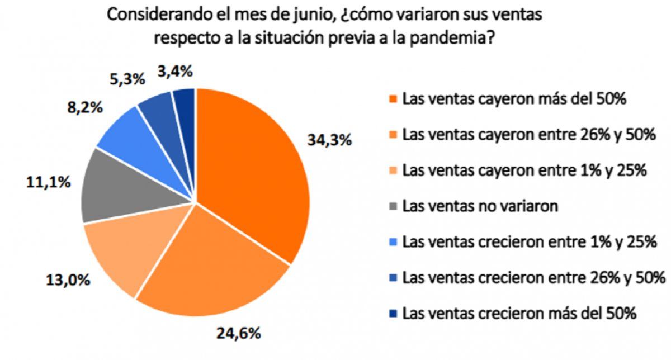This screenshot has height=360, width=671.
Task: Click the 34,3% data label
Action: click(x=329, y=140)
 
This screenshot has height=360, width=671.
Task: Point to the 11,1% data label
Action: click(x=49, y=182)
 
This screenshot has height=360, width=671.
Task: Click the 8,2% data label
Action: click(x=84, y=107)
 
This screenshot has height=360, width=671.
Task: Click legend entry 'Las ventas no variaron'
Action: click(x=480, y=206)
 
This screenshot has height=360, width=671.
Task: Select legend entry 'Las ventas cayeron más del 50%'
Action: click(x=511, y=100)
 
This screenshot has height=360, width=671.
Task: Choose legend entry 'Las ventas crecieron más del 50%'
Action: click(x=519, y=313)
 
